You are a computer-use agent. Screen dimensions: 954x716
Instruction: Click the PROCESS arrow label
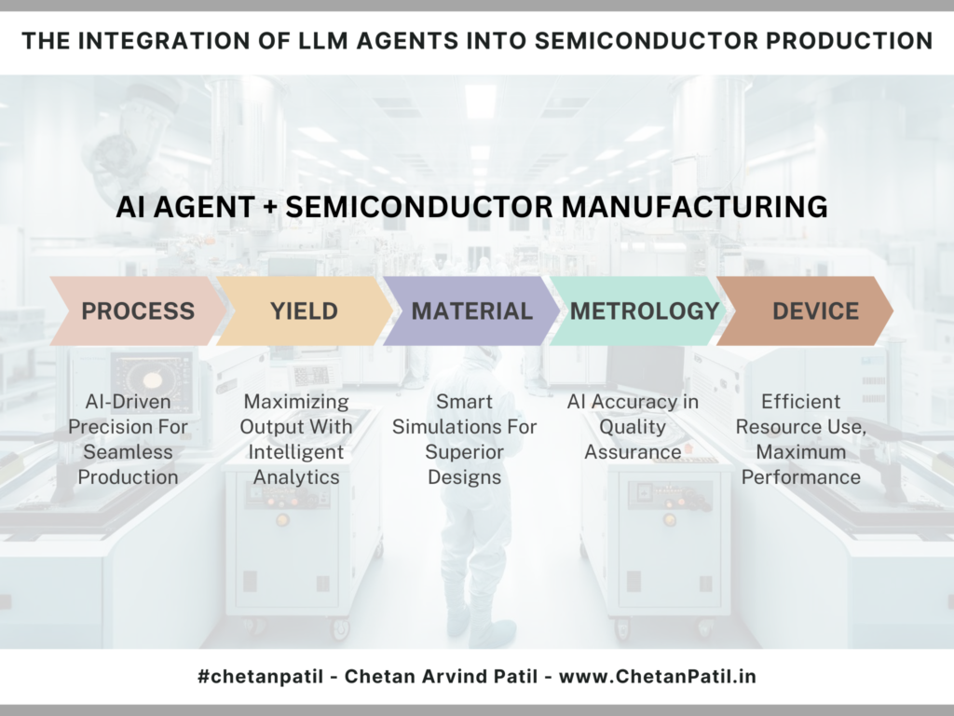[138, 311]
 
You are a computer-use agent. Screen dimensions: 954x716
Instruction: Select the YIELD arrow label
[305, 311]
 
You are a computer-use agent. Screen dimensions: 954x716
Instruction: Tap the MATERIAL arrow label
[472, 311]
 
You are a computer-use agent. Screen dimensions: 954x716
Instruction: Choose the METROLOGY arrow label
[645, 311]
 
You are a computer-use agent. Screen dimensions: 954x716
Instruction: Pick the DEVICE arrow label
[816, 311]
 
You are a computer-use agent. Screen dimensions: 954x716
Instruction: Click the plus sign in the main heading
[271, 207]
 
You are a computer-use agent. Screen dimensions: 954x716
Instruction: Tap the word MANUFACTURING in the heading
[694, 206]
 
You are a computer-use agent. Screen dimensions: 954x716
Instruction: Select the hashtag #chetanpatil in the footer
[261, 677]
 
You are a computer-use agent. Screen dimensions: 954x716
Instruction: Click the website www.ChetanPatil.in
[657, 677]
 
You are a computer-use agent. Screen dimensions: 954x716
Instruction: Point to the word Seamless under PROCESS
[128, 452]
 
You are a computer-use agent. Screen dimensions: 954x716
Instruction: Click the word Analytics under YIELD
[296, 477]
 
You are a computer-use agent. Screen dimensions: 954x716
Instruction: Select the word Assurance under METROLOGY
[633, 452]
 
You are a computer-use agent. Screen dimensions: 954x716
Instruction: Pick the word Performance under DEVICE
[800, 477]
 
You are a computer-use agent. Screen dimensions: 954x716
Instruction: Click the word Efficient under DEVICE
[800, 402]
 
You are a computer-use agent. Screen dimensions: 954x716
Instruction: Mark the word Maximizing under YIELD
[296, 402]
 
